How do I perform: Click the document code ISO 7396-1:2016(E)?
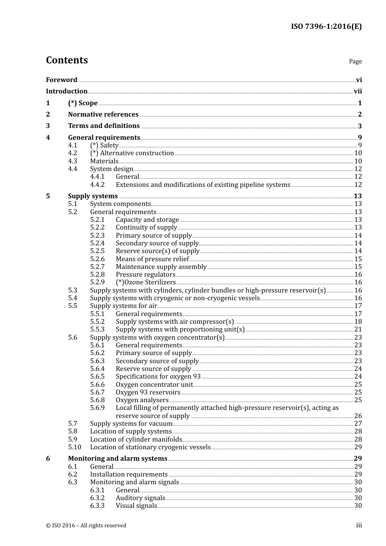click(326, 26)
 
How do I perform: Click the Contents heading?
click(67, 60)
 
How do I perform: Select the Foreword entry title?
click(61, 80)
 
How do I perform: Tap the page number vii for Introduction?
click(358, 91)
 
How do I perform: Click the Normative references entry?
click(103, 115)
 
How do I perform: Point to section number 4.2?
click(73, 153)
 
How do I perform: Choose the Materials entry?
click(104, 161)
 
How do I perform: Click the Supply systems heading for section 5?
click(93, 196)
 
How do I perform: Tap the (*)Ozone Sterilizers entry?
click(145, 282)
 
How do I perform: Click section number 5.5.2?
click(97, 322)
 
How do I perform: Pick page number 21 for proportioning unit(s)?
click(358, 329)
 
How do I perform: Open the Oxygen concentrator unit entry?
click(154, 385)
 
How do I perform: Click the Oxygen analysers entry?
click(142, 400)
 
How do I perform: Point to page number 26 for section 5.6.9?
click(358, 416)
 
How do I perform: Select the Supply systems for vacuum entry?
click(131, 424)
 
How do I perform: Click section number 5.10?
click(74, 447)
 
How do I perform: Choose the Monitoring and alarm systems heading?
click(117, 459)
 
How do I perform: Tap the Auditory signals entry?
click(140, 498)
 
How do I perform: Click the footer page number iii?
click(359, 525)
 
